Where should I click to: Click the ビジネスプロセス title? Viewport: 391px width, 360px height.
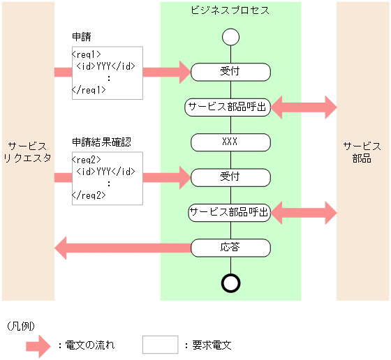[230, 10]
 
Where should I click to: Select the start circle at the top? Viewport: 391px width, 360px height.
[230, 37]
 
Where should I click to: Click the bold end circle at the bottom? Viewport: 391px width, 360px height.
[230, 283]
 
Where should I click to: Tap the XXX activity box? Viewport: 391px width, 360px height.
[230, 142]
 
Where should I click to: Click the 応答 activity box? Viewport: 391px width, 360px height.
[230, 247]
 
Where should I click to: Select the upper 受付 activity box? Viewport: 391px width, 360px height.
[230, 71]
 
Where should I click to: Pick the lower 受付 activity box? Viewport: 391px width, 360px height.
[230, 177]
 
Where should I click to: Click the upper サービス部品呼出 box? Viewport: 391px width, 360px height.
[228, 107]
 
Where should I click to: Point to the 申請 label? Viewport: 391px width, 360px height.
[81, 37]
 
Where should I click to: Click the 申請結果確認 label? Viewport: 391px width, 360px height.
[102, 142]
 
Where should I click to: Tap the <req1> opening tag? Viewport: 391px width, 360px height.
[87, 54]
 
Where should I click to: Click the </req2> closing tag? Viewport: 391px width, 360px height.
[89, 195]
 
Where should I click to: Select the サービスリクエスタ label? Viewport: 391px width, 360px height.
[27, 152]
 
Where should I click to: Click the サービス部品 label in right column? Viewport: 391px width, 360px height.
[362, 152]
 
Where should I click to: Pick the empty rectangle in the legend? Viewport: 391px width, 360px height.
[160, 345]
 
